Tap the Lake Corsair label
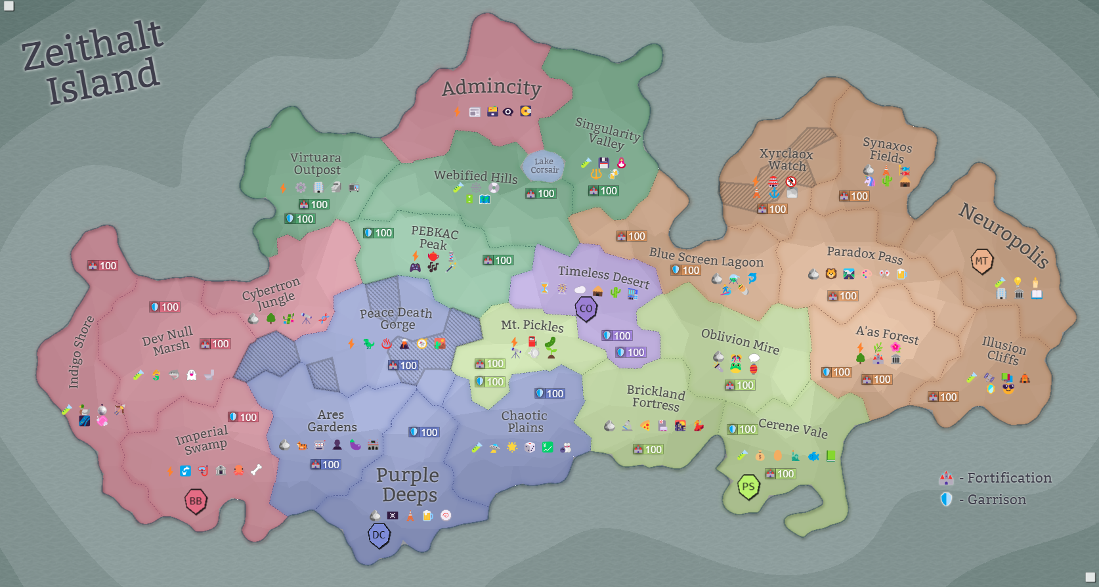coord(544,165)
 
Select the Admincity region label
coord(491,87)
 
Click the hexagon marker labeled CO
coord(586,309)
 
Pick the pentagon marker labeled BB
coord(196,502)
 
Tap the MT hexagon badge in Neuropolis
coord(981,261)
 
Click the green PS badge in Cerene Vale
coord(748,487)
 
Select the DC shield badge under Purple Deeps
coord(379,535)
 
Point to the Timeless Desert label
coord(603,276)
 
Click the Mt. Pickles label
coord(532,325)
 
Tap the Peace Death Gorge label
coord(396,318)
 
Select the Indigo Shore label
coord(81,352)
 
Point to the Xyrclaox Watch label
coord(787,160)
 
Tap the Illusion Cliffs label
coord(1003,351)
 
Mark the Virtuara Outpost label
coord(316,163)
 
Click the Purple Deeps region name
coord(408,485)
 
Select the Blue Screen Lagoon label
coord(706,257)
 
